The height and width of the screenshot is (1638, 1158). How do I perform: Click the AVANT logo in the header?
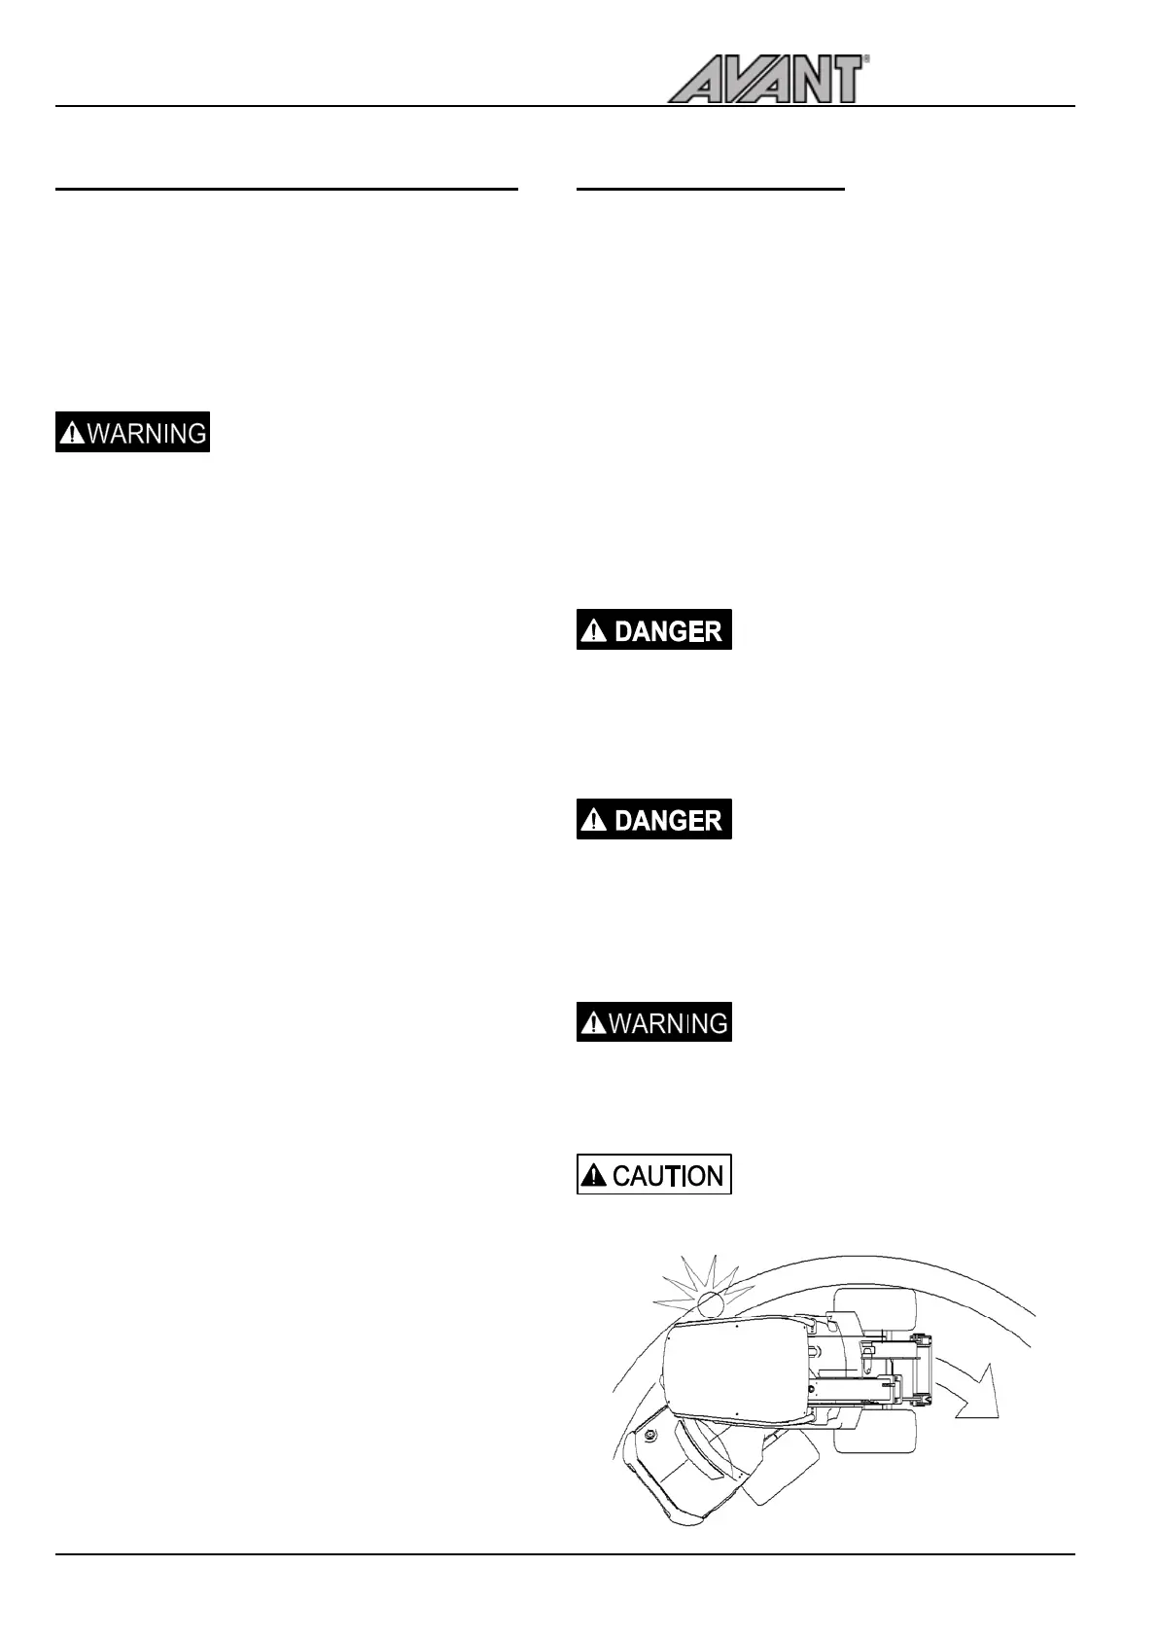764,80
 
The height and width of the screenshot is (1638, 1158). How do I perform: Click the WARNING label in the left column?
132,433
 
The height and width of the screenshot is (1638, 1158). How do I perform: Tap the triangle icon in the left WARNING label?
72,434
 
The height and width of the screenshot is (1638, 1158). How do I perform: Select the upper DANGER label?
653,630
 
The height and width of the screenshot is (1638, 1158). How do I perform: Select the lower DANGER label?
653,820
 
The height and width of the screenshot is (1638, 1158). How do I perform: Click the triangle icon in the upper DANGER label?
593,631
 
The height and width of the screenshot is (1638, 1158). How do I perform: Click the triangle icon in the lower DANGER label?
593,821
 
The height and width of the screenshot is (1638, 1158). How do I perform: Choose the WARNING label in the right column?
653,1022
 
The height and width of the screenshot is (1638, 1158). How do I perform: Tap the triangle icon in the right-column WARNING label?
592,1023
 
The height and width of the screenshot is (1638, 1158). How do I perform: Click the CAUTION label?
653,1175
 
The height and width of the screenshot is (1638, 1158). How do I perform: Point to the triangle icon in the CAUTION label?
593,1177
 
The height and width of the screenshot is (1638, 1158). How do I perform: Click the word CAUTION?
668,1176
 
